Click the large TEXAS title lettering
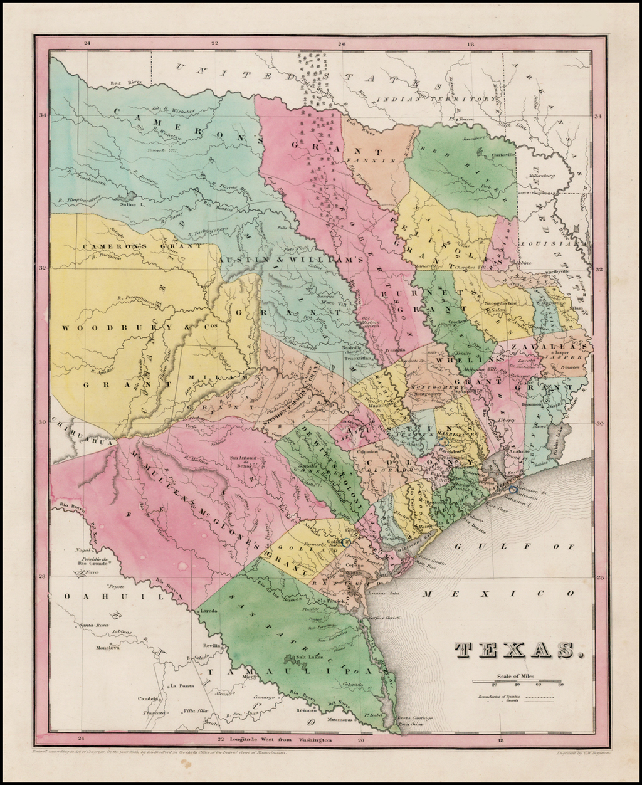[517, 650]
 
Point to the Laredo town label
[209, 609]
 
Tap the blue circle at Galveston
[513, 489]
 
